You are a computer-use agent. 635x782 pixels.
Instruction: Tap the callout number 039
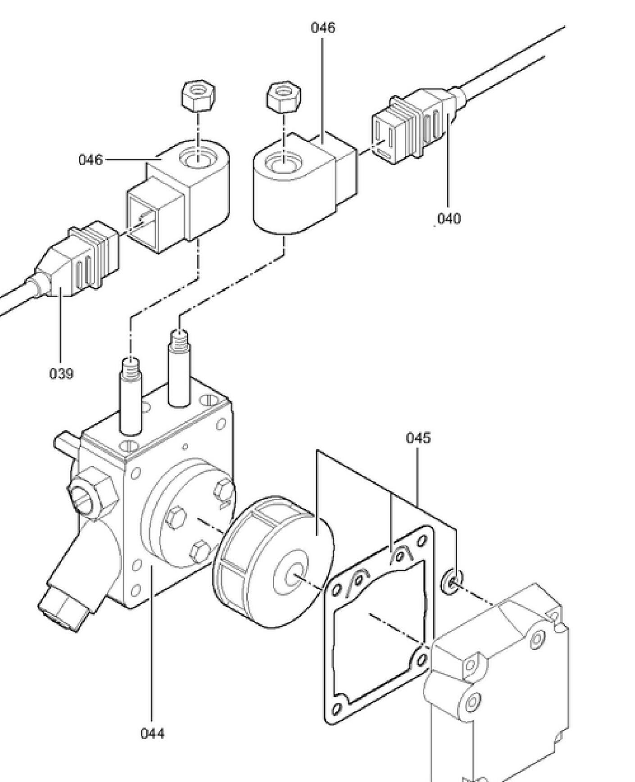pyautogui.click(x=61, y=374)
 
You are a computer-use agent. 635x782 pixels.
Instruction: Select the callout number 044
pyautogui.click(x=153, y=733)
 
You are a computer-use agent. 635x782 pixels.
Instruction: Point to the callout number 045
pyautogui.click(x=418, y=438)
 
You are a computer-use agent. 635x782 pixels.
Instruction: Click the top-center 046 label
pyautogui.click(x=323, y=27)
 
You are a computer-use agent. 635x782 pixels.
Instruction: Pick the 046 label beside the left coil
pyautogui.click(x=91, y=160)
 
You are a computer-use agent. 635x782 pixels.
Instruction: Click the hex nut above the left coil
pyautogui.click(x=198, y=95)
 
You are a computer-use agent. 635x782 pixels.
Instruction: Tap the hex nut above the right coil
pyautogui.click(x=284, y=97)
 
